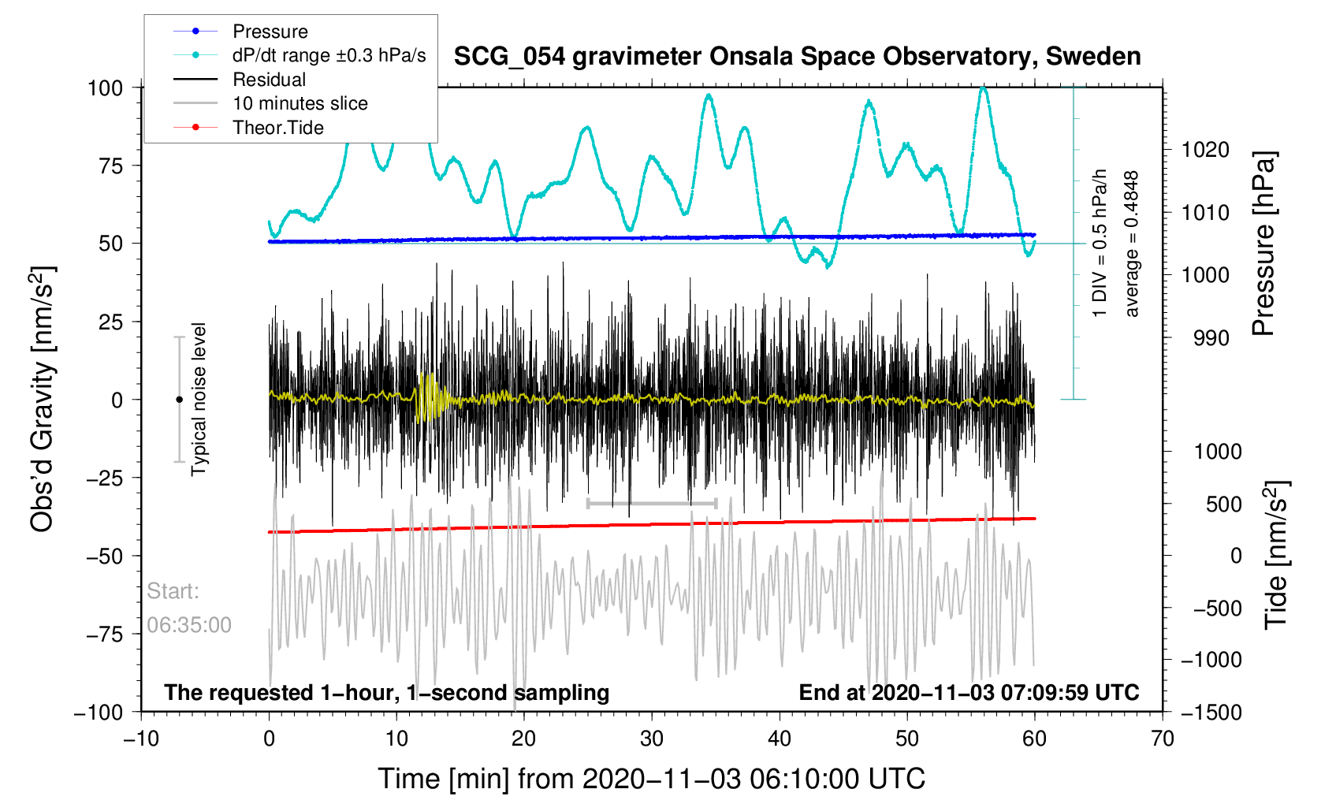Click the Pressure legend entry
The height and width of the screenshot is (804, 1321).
click(x=270, y=32)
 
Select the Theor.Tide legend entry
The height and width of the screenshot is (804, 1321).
click(x=277, y=128)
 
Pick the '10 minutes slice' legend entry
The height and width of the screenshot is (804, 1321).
click(x=300, y=103)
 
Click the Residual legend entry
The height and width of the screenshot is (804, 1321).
click(x=269, y=80)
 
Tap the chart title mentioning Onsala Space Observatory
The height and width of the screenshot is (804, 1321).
click(x=797, y=57)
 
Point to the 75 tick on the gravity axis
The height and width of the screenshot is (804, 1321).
click(x=106, y=166)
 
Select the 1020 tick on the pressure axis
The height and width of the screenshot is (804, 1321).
click(x=1204, y=150)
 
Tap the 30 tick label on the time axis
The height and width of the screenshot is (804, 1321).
click(x=651, y=739)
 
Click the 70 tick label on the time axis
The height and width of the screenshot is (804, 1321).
click(x=1162, y=739)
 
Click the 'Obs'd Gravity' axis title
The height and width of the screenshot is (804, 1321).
click(x=43, y=399)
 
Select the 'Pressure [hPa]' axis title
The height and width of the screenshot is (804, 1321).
click(x=1263, y=244)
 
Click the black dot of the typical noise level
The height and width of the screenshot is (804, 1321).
click(x=179, y=400)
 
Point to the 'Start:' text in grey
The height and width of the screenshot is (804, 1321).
click(x=173, y=591)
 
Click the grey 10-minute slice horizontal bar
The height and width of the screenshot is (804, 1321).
click(x=652, y=503)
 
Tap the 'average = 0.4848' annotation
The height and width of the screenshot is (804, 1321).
click(x=1131, y=244)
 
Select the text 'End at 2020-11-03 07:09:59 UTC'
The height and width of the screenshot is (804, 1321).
click(x=969, y=693)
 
